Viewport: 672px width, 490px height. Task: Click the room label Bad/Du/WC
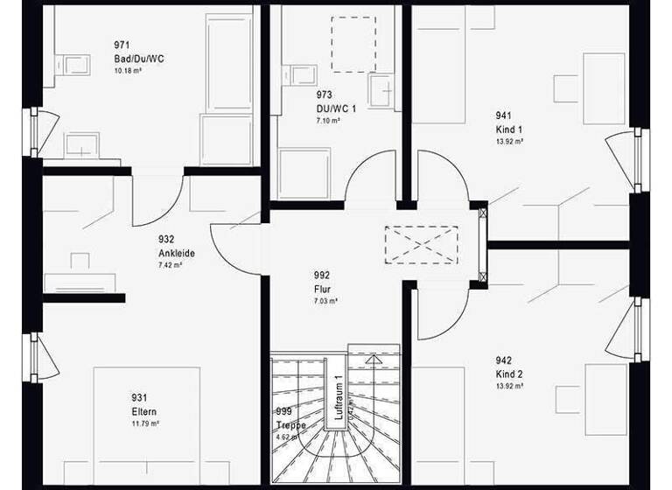point(138,58)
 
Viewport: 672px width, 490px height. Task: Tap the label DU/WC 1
point(335,108)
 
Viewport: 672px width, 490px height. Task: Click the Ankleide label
point(177,253)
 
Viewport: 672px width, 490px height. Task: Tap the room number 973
point(324,94)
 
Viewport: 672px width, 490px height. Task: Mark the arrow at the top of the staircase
point(374,359)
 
